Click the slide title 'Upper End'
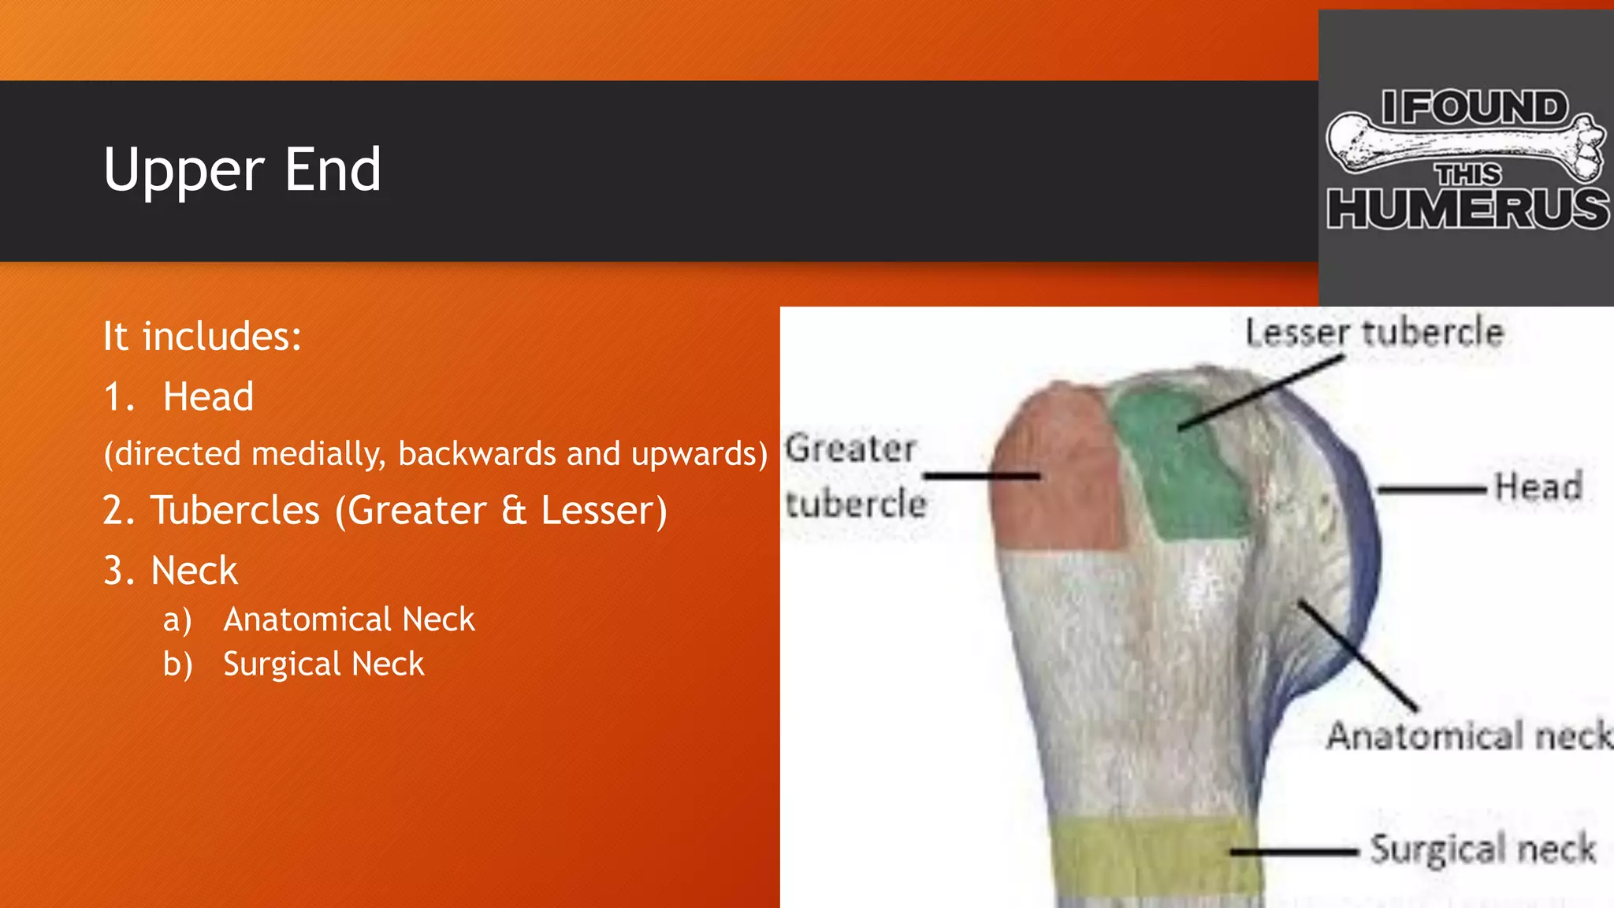(242, 170)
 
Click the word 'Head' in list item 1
(208, 396)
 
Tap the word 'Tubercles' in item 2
(235, 510)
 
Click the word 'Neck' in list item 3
(194, 571)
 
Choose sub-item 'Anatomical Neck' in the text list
(348, 620)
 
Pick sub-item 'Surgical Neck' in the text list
(323, 664)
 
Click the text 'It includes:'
(202, 337)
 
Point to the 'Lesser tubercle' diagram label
(1374, 332)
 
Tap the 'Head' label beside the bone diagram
(1538, 486)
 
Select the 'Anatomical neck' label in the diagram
(1468, 735)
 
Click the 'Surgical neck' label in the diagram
(1482, 850)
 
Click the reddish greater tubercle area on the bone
(1056, 473)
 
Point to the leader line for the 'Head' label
(1430, 489)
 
